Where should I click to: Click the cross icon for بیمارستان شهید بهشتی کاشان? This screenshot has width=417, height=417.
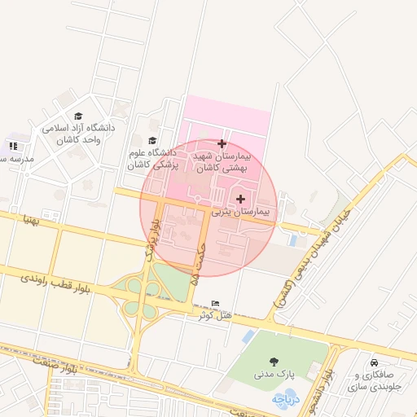pos(222,143)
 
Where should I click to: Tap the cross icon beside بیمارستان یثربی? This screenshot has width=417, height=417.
pos(240,199)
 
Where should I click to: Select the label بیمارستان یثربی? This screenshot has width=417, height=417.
pos(244,211)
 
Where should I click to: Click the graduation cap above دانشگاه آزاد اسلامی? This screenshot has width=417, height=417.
pos(78,116)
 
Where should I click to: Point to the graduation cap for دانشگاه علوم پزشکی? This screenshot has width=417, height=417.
pos(152,140)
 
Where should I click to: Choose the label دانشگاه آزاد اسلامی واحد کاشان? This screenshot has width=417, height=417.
pos(78,134)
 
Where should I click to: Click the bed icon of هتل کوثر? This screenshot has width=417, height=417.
pos(215,303)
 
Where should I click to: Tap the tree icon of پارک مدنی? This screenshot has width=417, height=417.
pos(273,362)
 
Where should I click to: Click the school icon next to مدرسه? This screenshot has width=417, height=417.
pos(13,146)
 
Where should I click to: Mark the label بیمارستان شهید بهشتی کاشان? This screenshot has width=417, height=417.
pos(222,160)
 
